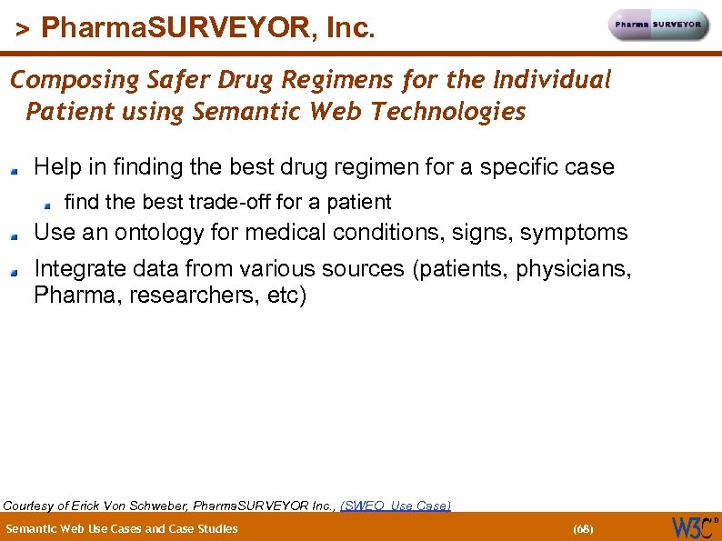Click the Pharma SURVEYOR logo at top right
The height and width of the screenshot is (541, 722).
[x=658, y=25]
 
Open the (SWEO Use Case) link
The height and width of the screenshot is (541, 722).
[x=395, y=506]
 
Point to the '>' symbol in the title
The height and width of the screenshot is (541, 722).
[x=23, y=30]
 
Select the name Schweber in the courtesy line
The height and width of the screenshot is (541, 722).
[x=164, y=506]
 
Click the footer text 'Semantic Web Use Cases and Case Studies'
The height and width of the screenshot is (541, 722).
[x=122, y=528]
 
